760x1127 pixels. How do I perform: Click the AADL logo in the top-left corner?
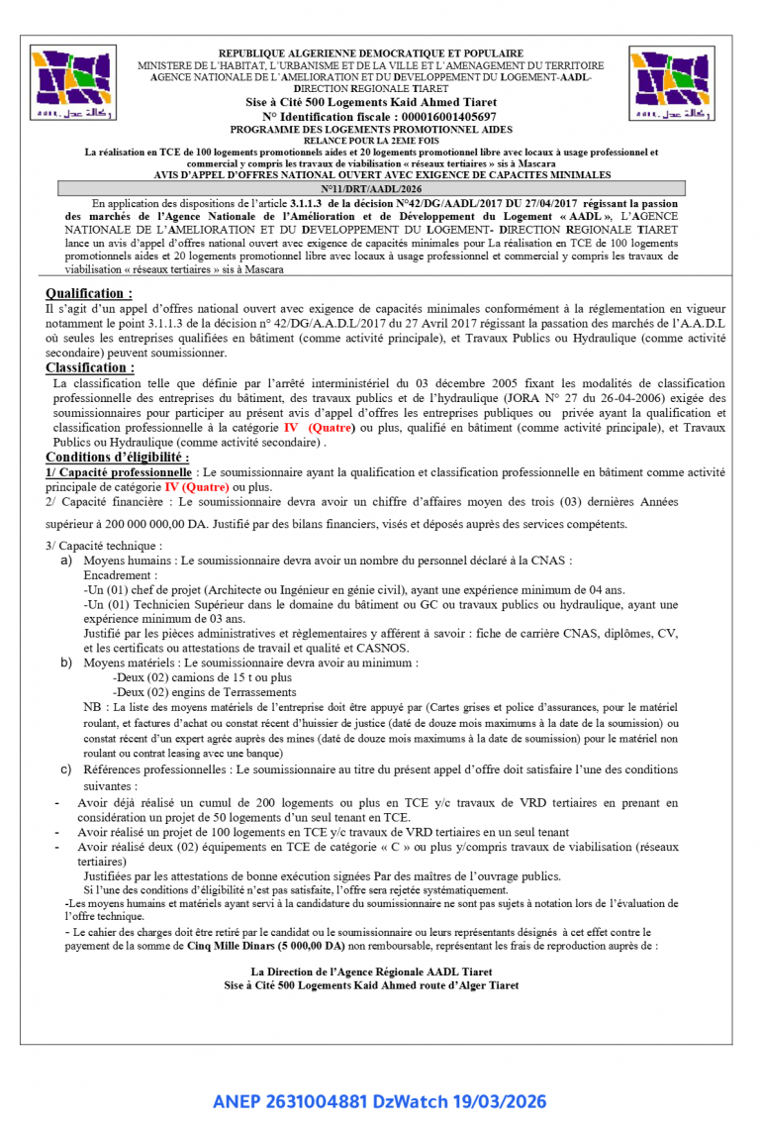pyautogui.click(x=72, y=82)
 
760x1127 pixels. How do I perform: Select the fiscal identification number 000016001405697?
pyautogui.click(x=441, y=116)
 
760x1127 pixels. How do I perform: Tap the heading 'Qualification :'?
pyautogui.click(x=89, y=293)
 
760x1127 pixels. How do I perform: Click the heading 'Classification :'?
pyautogui.click(x=90, y=367)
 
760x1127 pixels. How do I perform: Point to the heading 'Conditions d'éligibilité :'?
pyautogui.click(x=118, y=457)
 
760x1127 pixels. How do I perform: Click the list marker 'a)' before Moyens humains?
pyautogui.click(x=66, y=561)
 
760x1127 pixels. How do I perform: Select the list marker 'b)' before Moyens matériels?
pyautogui.click(x=66, y=663)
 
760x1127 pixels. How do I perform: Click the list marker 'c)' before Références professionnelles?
pyautogui.click(x=66, y=768)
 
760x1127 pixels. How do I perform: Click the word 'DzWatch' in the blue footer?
pyautogui.click(x=407, y=1101)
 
